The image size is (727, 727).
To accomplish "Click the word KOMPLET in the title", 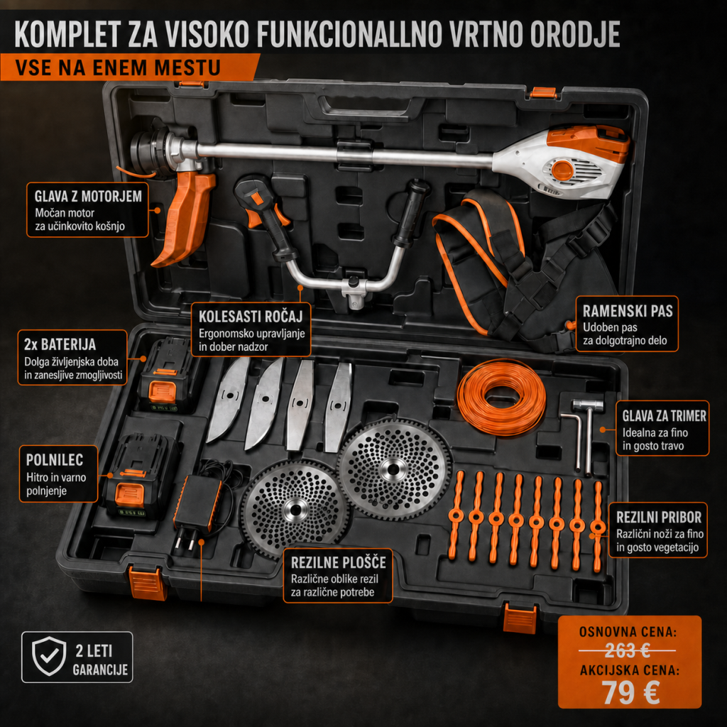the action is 67,34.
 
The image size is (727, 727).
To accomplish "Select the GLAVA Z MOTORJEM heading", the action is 88,196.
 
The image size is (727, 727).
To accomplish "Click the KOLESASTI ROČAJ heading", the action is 251,316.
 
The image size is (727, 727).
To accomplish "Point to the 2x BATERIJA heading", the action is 60,344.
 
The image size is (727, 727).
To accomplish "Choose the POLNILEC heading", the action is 55,459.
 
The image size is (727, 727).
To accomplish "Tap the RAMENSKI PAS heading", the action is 628,311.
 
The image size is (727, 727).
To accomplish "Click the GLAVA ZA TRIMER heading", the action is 664,415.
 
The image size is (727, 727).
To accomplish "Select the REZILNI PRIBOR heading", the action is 658,517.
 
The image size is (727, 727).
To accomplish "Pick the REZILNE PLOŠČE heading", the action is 339,562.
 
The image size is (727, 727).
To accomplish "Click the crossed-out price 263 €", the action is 628,651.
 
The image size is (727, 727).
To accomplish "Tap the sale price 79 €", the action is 630,692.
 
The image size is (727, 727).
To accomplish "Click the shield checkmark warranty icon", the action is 49,656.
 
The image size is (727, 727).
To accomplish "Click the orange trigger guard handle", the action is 183,218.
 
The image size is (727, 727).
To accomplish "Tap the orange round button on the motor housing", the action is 562,170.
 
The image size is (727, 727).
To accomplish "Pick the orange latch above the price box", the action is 520,618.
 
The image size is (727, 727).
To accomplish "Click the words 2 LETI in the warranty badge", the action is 94,650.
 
